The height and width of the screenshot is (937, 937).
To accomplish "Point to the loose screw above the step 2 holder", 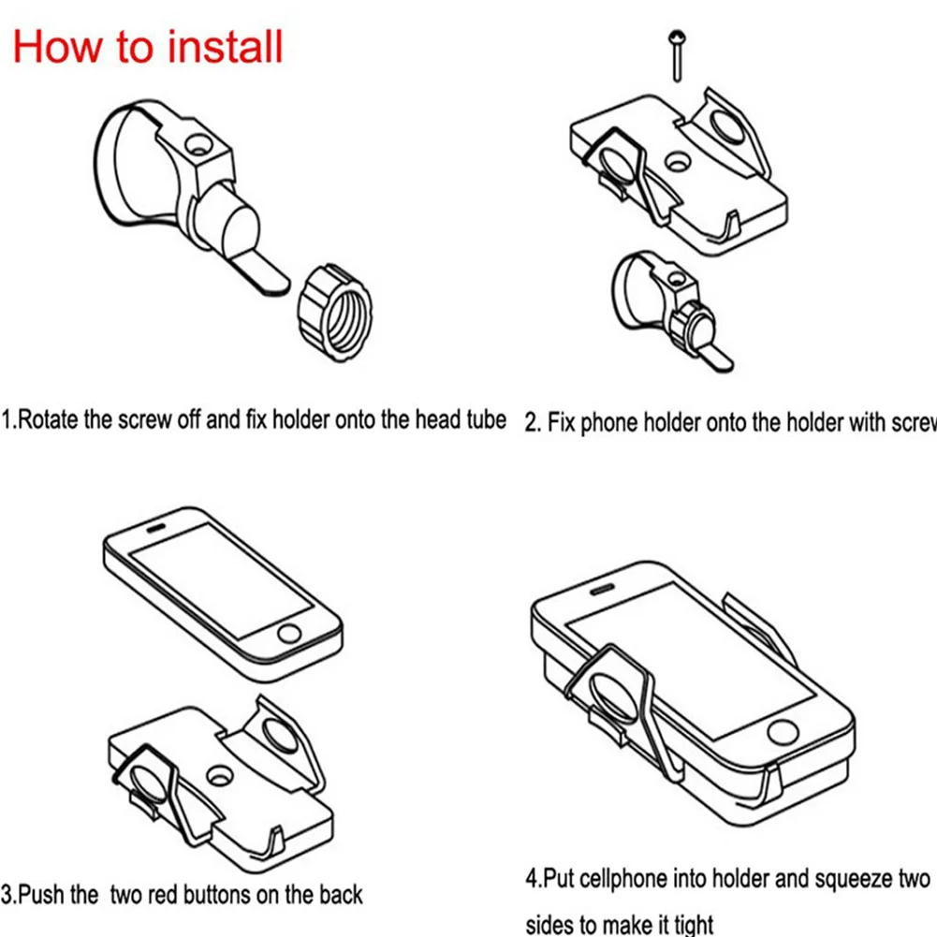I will (675, 54).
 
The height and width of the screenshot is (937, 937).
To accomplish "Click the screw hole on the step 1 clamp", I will (198, 146).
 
